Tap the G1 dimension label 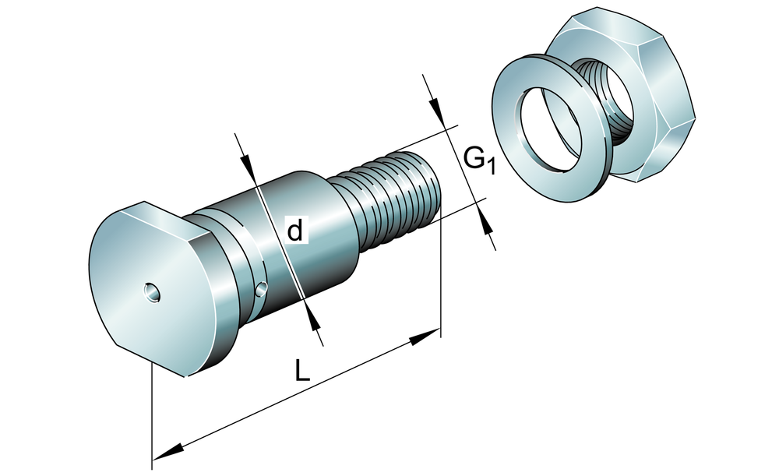478,160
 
